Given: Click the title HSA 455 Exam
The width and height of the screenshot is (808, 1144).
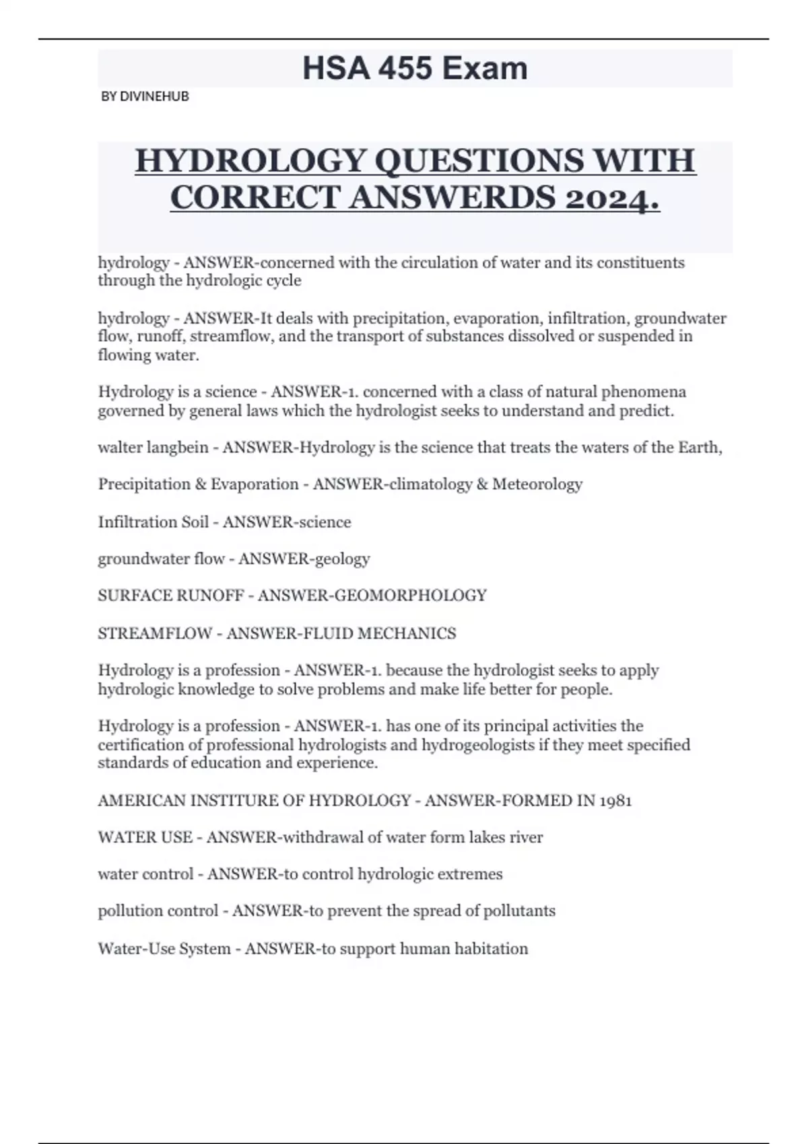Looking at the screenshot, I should pos(415,69).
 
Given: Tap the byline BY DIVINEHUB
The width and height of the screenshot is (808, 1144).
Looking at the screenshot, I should pos(145,96).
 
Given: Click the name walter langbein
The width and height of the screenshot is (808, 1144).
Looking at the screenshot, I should pos(153,448).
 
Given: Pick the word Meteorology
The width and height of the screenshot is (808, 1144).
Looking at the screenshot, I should pos(537,485).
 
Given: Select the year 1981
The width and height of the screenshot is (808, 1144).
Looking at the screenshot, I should pos(614,801).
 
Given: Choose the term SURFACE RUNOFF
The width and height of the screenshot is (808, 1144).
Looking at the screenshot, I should pos(170,596).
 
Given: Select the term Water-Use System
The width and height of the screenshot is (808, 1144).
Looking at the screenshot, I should pos(164,949).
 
